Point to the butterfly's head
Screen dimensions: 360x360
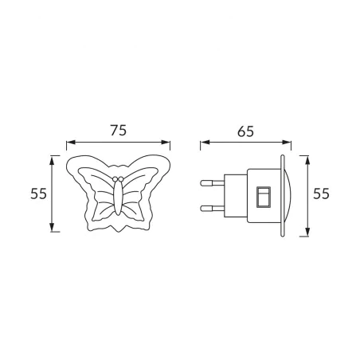point(118,178)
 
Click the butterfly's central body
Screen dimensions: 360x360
point(118,198)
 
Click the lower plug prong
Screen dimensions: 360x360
point(209,209)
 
